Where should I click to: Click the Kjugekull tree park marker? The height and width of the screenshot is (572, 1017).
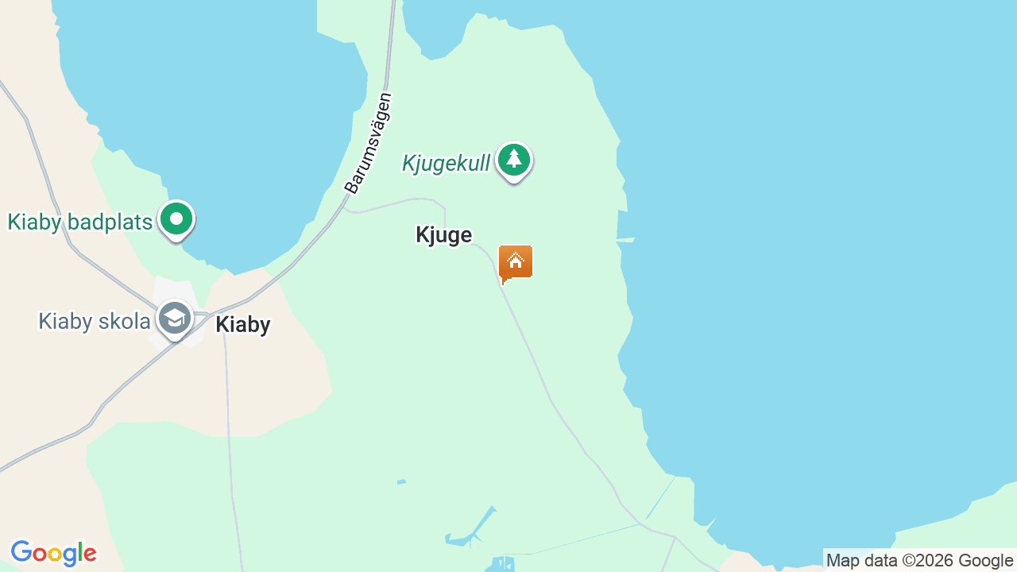coord(514,160)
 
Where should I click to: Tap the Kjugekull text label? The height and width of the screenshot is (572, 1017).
coord(446,164)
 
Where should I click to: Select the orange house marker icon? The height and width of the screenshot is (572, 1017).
coord(516,261)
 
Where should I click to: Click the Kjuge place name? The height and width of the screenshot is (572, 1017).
coord(443,234)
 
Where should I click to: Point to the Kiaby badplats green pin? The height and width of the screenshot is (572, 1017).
coord(176,218)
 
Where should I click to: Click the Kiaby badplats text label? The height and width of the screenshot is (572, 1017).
coord(79,222)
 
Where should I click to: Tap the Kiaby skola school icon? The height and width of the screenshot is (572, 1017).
coord(174,319)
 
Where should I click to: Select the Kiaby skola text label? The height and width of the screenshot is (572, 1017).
coord(94,321)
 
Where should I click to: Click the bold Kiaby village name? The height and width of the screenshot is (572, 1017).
coord(242,324)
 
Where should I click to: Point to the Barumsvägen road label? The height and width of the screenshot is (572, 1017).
coord(369,143)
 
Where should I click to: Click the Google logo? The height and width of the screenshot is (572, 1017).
coord(53,553)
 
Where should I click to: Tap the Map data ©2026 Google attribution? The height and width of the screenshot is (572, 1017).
coord(919,560)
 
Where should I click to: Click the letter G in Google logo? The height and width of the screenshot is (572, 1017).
coord(21,552)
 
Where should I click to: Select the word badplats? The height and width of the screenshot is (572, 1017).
coord(109,222)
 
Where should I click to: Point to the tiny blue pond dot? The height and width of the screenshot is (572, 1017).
coord(401,481)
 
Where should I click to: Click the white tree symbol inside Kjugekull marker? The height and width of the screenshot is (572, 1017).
coord(514,159)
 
